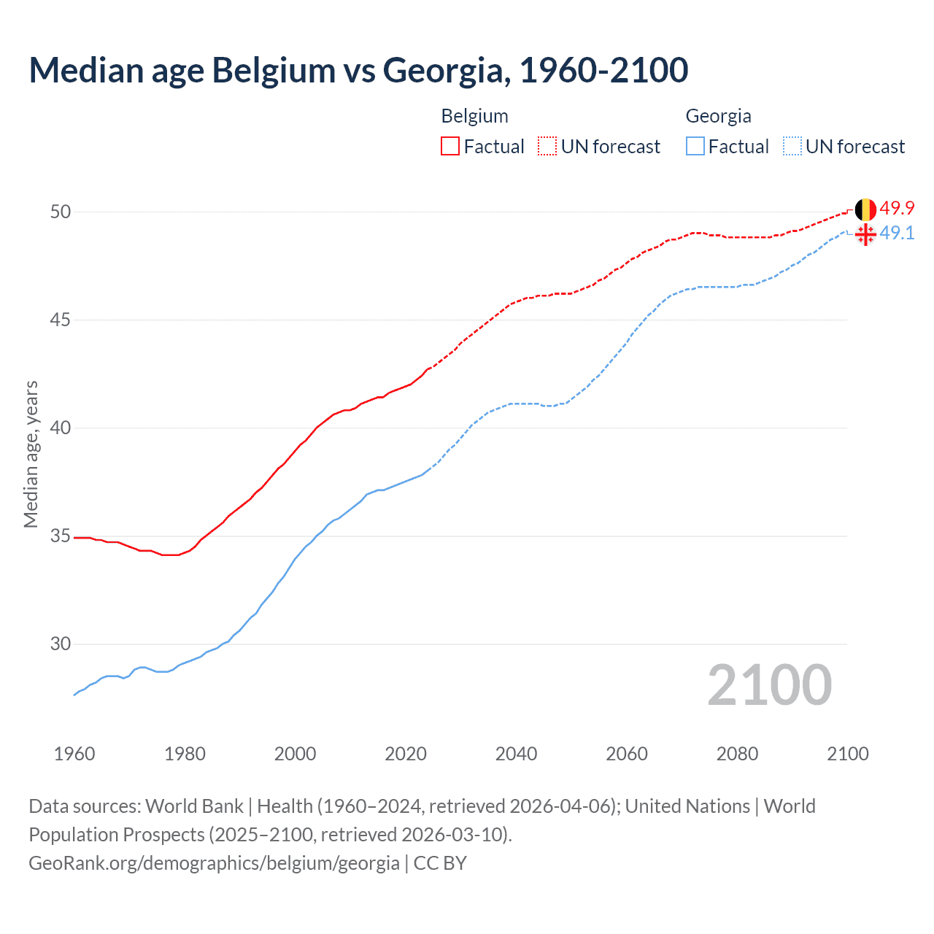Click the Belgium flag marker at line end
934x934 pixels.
[x=865, y=209]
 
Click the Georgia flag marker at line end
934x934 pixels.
[x=865, y=234]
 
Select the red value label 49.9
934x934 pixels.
[x=897, y=208]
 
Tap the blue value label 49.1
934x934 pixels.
[x=897, y=233]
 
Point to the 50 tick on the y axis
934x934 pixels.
[x=61, y=212]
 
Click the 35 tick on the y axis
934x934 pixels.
[x=61, y=536]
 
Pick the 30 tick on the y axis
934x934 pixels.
[x=61, y=644]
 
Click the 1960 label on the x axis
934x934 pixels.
[x=74, y=754]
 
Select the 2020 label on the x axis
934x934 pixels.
[x=406, y=754]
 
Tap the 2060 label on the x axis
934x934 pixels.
[x=627, y=754]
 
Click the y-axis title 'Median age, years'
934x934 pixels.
[x=31, y=454]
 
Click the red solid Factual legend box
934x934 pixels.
[x=450, y=147]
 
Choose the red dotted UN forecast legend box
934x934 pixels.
[x=547, y=147]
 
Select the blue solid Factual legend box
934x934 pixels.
[x=695, y=147]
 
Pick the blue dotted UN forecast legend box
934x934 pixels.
[x=792, y=147]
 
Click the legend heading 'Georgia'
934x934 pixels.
[x=718, y=116]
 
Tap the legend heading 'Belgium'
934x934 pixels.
[x=474, y=116]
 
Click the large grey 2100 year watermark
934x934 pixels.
[x=769, y=685]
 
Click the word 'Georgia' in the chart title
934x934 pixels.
[x=444, y=70]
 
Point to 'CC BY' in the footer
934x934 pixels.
[x=440, y=863]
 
